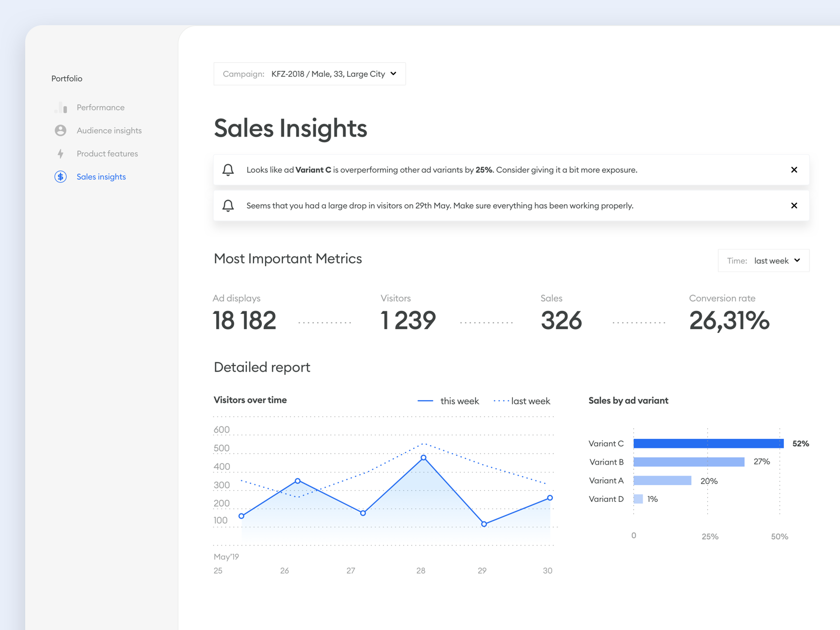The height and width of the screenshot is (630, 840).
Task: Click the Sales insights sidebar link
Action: pos(101,177)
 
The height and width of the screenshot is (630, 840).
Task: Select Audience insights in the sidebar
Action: pos(109,131)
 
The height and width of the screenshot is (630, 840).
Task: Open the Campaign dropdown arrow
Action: pos(394,74)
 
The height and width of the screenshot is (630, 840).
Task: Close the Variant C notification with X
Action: pos(794,170)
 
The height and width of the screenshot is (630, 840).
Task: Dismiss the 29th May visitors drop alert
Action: pos(794,206)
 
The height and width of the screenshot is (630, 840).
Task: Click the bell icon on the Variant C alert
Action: pos(228,170)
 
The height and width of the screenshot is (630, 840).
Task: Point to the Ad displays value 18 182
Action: pos(244,321)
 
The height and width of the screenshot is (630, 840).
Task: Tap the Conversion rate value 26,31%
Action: pos(729,321)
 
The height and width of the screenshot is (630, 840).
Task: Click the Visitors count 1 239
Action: pos(408,321)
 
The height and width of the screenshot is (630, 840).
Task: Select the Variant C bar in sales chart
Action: pos(708,444)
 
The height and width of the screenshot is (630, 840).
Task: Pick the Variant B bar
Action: pos(689,462)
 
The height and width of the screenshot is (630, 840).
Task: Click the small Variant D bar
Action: pos(638,499)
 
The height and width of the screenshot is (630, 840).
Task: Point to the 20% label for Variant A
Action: pos(709,481)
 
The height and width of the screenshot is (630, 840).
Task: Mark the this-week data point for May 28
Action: pos(424,458)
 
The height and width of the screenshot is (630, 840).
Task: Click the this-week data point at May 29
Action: pos(484,524)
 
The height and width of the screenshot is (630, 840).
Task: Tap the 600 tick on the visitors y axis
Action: pos(222,430)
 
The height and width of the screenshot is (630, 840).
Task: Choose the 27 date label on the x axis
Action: pos(351,571)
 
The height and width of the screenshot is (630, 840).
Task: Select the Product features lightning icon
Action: pos(60,154)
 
